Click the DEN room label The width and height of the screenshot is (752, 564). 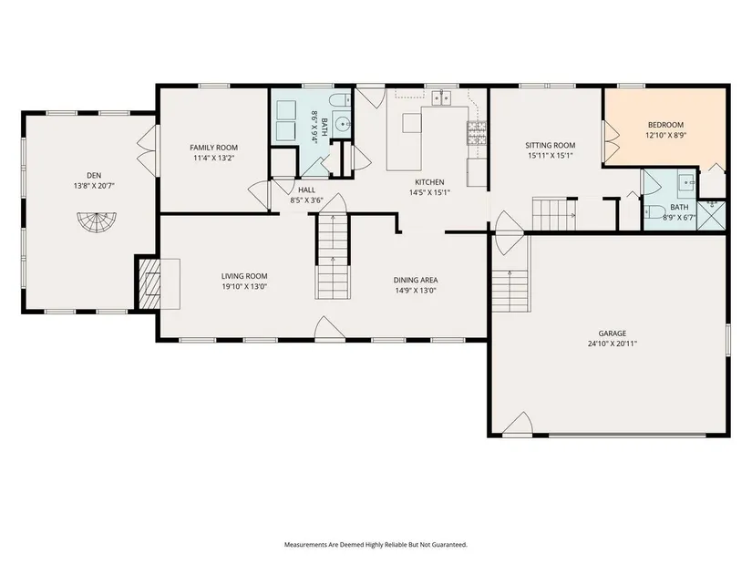(94, 176)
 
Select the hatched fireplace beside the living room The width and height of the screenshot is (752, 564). (149, 284)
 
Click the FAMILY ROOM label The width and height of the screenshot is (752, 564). (214, 148)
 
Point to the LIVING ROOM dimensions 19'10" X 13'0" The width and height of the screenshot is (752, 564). (244, 287)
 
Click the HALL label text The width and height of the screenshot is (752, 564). (307, 190)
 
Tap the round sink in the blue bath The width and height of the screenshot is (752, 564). (343, 124)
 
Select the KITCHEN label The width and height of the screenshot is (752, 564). (429, 182)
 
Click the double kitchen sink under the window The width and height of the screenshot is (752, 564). (442, 97)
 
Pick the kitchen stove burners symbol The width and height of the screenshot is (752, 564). (476, 133)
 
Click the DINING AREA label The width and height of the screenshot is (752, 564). (416, 280)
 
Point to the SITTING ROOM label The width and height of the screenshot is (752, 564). (550, 145)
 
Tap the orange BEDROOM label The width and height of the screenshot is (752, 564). (665, 125)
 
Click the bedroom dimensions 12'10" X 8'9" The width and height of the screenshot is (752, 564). (665, 135)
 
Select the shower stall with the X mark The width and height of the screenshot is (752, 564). (711, 215)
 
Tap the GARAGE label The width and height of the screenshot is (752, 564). (613, 333)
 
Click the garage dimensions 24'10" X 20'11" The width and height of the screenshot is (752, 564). (613, 344)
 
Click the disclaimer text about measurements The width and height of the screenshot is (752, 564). (376, 545)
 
